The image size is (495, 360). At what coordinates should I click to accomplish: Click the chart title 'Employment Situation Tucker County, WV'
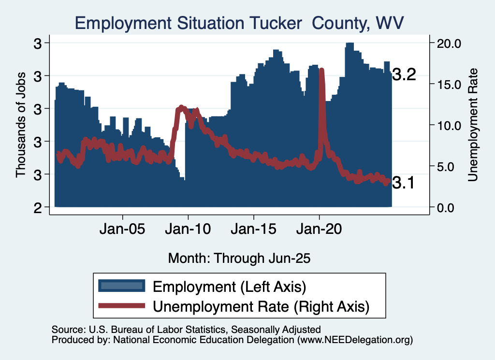(x=239, y=23)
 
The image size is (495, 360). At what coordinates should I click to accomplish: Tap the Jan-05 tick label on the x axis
(x=122, y=229)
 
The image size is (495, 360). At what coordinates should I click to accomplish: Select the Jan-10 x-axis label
(x=188, y=229)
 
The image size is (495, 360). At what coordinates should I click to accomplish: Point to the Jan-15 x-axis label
(x=253, y=229)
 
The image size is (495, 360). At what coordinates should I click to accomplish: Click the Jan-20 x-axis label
(x=319, y=229)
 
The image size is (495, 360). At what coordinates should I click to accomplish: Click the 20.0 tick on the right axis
(x=449, y=43)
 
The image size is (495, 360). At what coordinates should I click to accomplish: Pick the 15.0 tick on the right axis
(x=449, y=84)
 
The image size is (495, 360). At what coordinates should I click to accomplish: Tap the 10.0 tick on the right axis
(x=449, y=125)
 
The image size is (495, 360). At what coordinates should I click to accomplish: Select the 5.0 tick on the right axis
(x=452, y=166)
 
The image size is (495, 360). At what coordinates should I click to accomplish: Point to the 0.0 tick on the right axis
(x=452, y=207)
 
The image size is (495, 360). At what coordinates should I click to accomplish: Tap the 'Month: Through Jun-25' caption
(x=239, y=258)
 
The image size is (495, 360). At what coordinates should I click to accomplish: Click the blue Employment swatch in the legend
(x=121, y=286)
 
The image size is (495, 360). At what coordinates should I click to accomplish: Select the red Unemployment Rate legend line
(x=121, y=305)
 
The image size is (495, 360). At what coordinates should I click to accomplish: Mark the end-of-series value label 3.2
(x=404, y=75)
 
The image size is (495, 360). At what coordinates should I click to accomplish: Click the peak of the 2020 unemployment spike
(x=321, y=71)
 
